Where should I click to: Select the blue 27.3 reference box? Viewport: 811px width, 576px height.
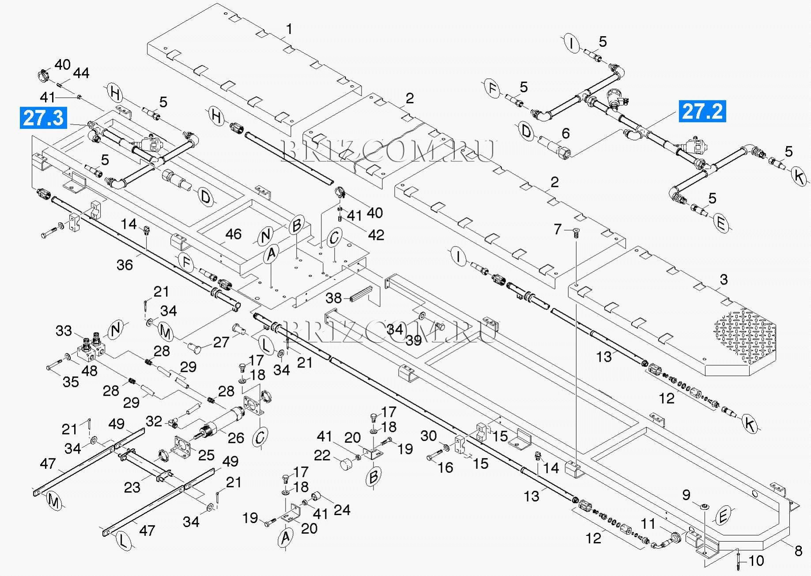pyautogui.click(x=43, y=118)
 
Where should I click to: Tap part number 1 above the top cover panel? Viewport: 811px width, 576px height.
pyautogui.click(x=289, y=30)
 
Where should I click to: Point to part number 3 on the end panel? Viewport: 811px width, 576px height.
pyautogui.click(x=723, y=280)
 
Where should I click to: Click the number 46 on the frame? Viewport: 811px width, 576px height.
pyautogui.click(x=233, y=234)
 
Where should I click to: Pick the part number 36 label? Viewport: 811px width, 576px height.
pyautogui.click(x=124, y=265)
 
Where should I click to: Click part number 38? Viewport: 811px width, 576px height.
pyautogui.click(x=334, y=299)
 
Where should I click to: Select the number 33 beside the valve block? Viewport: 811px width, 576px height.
pyautogui.click(x=64, y=330)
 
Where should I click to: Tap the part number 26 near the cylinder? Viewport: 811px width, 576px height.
pyautogui.click(x=236, y=438)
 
